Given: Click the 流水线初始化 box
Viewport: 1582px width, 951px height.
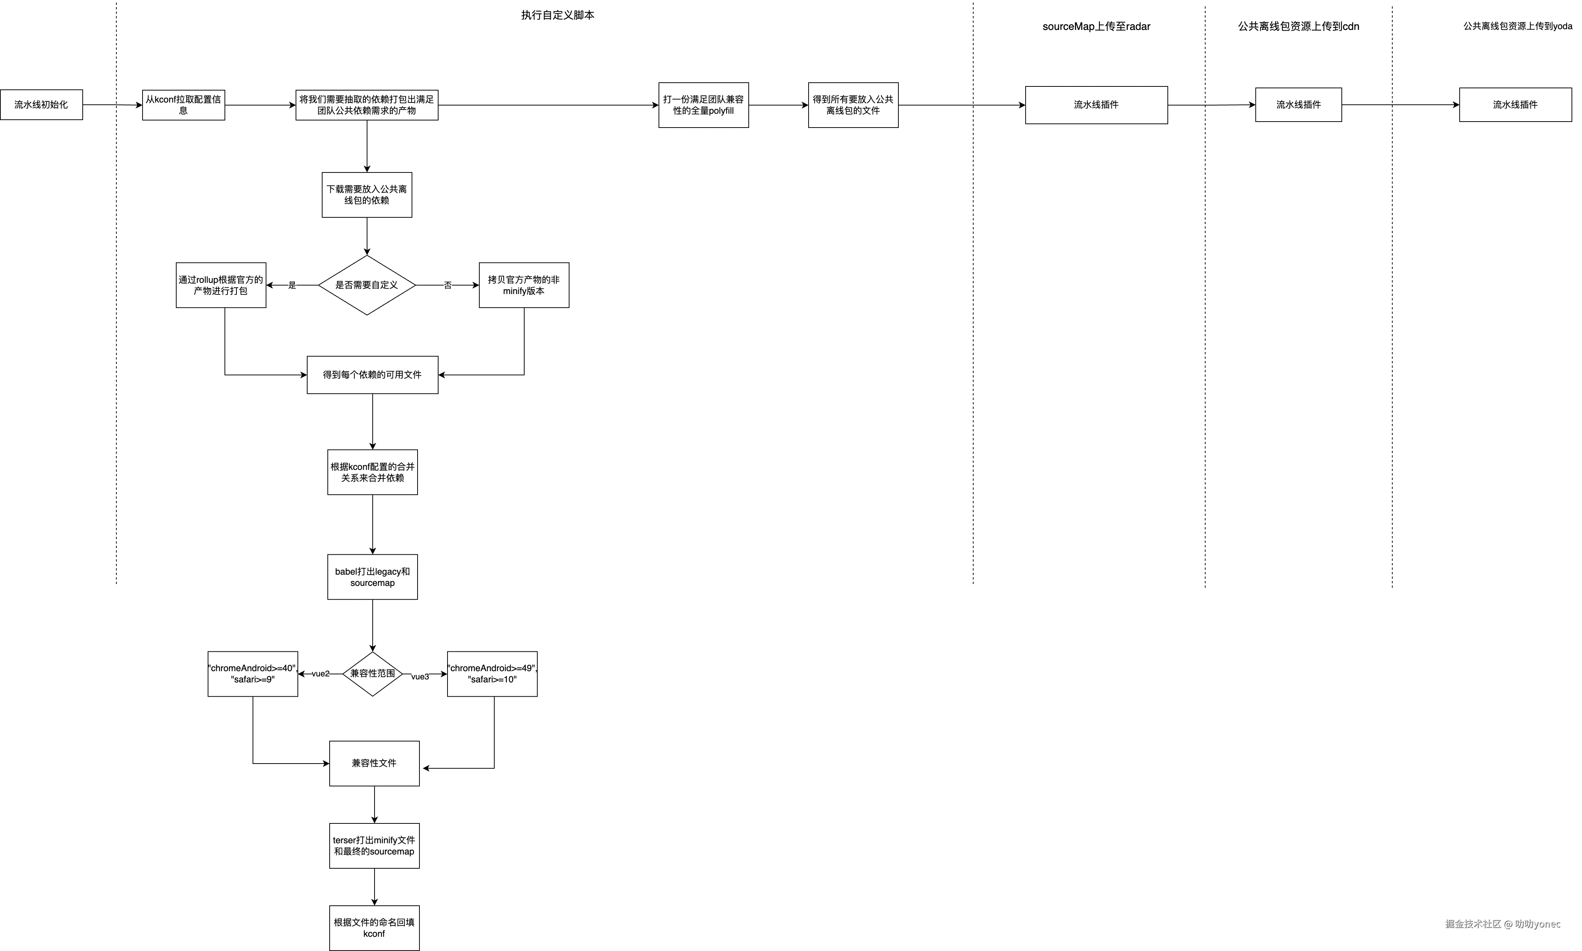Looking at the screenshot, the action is pos(41,104).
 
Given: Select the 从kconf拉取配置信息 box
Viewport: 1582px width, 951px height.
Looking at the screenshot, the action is pos(183,104).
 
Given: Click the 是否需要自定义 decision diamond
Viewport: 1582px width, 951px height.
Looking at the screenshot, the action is pos(367,285).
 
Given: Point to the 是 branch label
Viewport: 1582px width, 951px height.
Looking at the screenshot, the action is pos(291,285).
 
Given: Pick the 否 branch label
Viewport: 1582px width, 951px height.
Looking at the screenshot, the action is pos(447,285).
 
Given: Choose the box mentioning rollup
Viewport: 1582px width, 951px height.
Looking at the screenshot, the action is pos(221,285).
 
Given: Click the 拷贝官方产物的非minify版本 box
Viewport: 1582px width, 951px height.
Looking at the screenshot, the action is pos(523,285).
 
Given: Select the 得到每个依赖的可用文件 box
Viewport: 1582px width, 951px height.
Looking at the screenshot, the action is pos(372,375).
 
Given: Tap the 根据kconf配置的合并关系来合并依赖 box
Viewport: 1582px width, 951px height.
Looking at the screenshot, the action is pos(372,472).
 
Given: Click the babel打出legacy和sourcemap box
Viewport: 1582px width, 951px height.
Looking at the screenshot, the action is pos(372,577).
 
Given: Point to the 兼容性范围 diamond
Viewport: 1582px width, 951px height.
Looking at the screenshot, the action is pos(372,673).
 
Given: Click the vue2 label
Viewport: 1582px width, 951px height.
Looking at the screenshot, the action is pos(320,673).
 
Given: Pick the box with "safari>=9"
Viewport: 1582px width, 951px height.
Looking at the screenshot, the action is pos(253,673).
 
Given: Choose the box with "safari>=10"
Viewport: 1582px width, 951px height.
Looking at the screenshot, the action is pos(492,673).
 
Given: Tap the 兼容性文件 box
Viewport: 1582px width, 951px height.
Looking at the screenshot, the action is pos(374,763).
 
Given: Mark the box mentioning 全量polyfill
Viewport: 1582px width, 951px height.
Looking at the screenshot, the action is pos(703,104).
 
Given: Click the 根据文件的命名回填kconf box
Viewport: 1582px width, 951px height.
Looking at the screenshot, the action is pos(374,927).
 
